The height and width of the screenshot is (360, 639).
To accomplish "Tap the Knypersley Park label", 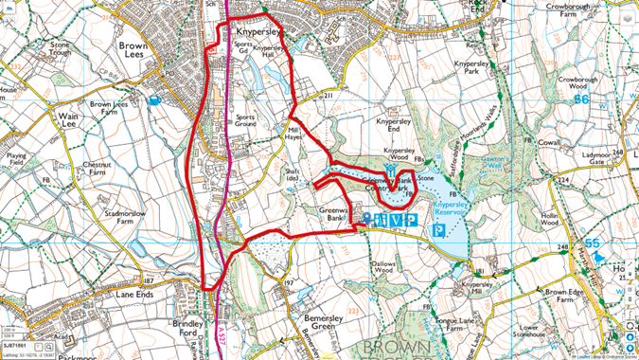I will coord(476,68).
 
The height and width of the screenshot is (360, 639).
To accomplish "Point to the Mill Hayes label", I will coord(300,133).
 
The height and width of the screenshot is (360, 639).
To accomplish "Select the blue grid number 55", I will coord(594,243).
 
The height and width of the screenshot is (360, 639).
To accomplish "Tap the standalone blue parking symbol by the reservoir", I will coord(437,230).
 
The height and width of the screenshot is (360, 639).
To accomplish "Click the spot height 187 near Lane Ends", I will coord(149,281).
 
